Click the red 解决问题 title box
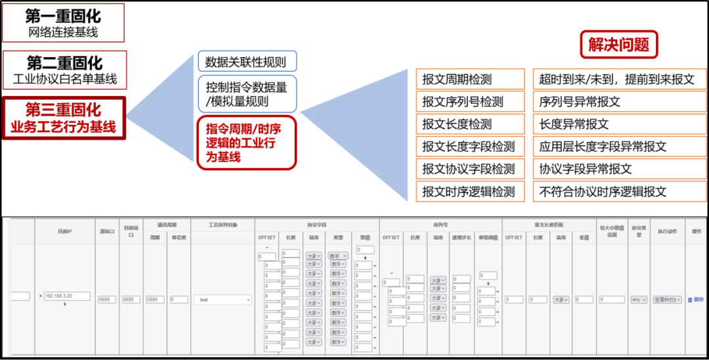tap(618, 45)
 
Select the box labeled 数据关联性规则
tap(246, 62)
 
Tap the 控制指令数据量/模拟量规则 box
tap(246, 94)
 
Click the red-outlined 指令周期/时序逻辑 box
tap(246, 143)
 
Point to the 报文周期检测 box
tap(470, 79)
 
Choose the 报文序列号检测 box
tap(470, 102)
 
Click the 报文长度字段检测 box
tap(470, 146)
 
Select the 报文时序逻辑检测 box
tap(470, 191)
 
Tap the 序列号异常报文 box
tap(619, 102)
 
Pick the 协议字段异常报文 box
tap(619, 169)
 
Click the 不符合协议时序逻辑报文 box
tap(619, 191)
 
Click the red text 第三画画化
tap(63, 109)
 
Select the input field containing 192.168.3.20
tap(67, 296)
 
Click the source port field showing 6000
tap(106, 300)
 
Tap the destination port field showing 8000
tap(131, 300)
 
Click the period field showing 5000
tap(155, 300)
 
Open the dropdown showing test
tap(223, 300)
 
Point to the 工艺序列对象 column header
tap(223, 225)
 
